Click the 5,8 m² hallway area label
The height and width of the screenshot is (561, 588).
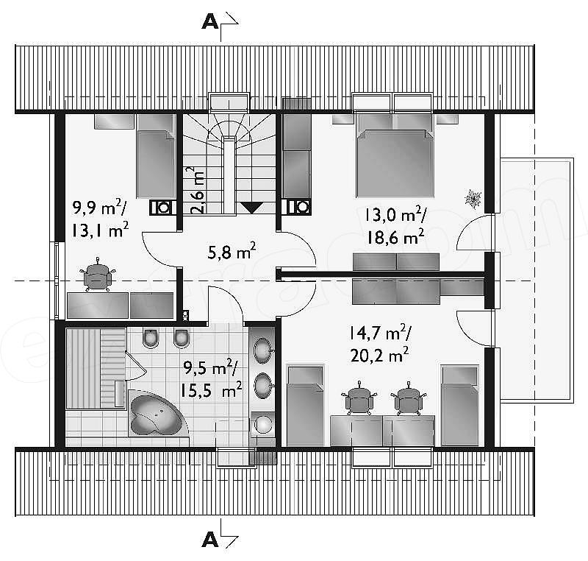232,251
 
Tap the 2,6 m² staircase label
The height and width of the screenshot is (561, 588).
196,190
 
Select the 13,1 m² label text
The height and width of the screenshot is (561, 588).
100,230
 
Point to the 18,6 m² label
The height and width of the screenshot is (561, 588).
395,236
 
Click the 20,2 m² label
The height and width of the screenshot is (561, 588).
379,355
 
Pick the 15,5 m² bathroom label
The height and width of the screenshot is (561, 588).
211,390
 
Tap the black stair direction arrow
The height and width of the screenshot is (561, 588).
251,208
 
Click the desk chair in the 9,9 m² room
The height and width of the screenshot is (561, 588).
98,275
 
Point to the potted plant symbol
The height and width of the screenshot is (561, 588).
473,199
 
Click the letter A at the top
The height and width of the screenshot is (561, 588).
210,23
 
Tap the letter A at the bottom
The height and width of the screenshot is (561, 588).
210,540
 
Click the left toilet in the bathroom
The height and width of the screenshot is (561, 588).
151,338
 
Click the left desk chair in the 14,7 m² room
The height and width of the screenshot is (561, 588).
359,399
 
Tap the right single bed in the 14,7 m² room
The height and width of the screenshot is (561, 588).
460,405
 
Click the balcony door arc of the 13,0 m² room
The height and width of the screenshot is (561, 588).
472,231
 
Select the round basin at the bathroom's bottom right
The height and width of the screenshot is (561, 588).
264,424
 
